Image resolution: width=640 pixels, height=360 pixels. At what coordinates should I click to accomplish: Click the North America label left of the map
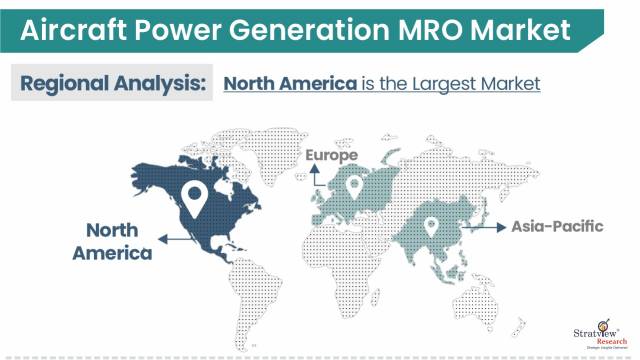112,240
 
